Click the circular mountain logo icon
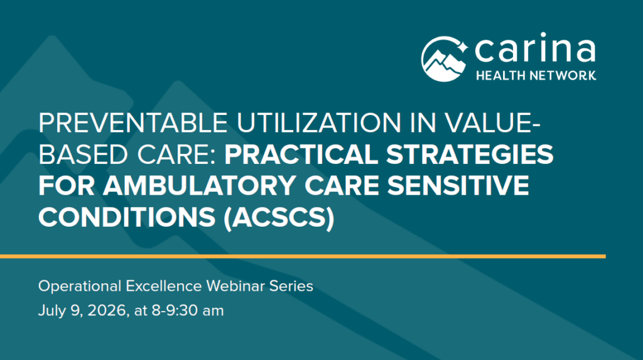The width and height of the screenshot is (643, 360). [x=444, y=58]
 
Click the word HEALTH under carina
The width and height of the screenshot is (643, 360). [x=500, y=75]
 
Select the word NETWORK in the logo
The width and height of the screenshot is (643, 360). [x=563, y=75]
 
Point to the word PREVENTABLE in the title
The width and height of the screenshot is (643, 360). [x=133, y=123]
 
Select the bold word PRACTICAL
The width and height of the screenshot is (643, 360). [x=301, y=155]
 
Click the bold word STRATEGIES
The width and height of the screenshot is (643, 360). [x=470, y=155]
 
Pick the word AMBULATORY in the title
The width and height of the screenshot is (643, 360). [x=199, y=185]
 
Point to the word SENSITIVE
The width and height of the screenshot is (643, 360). [x=458, y=185]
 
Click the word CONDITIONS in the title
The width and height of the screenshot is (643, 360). [x=127, y=217]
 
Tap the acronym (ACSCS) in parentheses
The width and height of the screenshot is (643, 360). [x=279, y=217]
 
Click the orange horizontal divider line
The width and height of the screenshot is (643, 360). [x=303, y=256]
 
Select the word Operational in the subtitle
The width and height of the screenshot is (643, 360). [x=80, y=286]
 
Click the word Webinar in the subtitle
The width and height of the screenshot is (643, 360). [x=235, y=286]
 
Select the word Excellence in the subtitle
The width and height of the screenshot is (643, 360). [x=164, y=286]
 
